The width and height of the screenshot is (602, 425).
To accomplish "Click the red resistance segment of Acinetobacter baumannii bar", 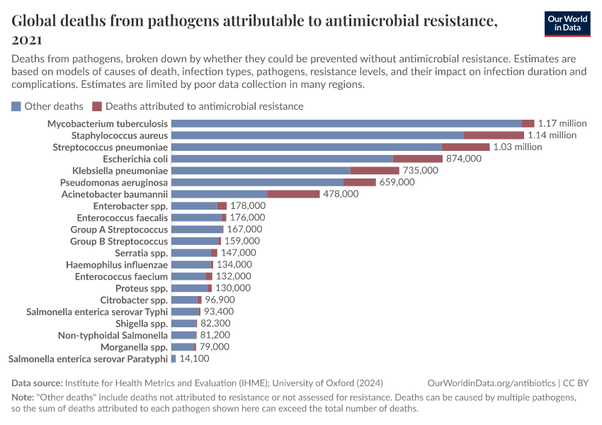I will click(x=293, y=194).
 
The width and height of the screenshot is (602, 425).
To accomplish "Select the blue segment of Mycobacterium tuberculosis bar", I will click(x=346, y=123).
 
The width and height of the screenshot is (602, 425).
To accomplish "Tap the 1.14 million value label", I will click(x=552, y=135).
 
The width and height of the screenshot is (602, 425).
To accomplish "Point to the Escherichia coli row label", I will click(x=135, y=159).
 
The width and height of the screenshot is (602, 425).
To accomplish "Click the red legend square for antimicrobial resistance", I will click(x=97, y=106).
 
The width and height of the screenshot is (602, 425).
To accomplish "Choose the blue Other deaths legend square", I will click(x=16, y=106).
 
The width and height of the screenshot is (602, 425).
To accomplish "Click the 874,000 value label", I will click(x=463, y=159).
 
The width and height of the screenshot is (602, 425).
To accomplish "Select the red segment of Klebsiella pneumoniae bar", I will click(x=375, y=171).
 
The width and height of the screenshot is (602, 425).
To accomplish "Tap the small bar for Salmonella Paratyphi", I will click(x=174, y=359).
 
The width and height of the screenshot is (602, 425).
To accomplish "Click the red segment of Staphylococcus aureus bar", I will click(x=494, y=135).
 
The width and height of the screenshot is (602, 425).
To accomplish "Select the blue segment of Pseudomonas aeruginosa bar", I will click(x=257, y=182).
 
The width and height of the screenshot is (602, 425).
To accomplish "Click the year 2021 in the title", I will click(x=27, y=40).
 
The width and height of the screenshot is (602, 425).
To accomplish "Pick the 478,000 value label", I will click(x=341, y=194).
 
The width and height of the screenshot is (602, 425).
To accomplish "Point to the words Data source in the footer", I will click(x=37, y=382).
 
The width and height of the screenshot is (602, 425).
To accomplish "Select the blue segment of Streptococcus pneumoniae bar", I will click(x=306, y=147).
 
